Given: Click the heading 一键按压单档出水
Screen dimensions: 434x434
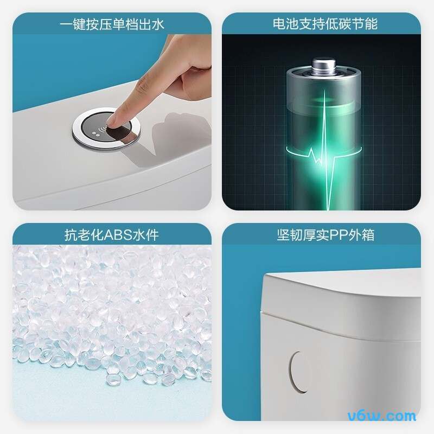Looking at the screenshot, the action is [x=112, y=24].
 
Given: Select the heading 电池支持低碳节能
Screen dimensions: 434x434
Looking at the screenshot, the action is [x=325, y=24].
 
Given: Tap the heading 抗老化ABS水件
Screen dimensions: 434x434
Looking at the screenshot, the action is [x=112, y=235].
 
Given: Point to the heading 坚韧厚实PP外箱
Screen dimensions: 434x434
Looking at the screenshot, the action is [x=326, y=235].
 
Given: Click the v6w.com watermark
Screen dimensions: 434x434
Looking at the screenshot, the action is [x=382, y=416].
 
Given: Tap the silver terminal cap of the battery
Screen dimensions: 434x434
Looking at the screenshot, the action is [x=324, y=65].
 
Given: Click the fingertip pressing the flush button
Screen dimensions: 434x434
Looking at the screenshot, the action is [x=113, y=121].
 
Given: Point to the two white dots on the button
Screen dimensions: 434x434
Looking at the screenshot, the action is [x=95, y=133].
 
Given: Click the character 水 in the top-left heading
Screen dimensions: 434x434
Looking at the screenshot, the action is [x=157, y=24].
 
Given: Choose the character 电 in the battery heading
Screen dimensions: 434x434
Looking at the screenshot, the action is [x=279, y=24].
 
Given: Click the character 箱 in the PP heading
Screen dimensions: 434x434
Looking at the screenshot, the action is [x=368, y=235].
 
